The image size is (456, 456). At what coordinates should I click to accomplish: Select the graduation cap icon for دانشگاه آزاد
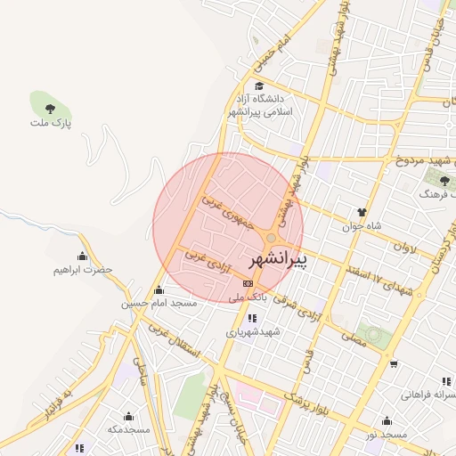[x=258, y=86]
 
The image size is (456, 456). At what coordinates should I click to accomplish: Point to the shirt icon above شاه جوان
[x=362, y=212]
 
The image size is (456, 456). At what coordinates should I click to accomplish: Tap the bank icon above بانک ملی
[x=247, y=283]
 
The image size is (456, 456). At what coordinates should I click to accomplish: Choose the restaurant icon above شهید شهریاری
[x=253, y=317]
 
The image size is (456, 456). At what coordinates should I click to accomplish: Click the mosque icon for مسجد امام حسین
[x=159, y=289]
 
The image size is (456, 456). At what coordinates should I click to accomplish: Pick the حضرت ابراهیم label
[x=83, y=269]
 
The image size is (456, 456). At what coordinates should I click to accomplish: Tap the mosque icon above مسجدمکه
[x=128, y=416]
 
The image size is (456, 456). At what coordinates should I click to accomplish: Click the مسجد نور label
[x=385, y=434]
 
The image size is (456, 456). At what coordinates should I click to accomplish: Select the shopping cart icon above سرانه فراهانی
[x=394, y=364]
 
